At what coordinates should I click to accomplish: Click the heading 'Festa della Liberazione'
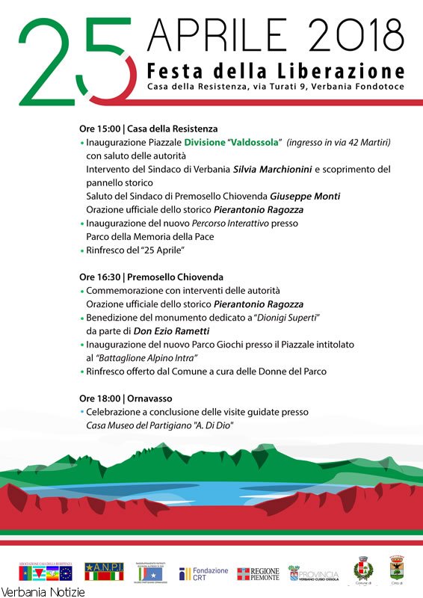coord(276,72)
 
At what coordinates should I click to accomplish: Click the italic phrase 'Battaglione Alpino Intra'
coord(149,358)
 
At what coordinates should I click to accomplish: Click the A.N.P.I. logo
coord(105,572)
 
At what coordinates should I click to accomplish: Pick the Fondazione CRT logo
coord(203,574)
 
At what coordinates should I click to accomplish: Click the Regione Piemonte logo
coord(258,574)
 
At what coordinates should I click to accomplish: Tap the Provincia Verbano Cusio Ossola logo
coord(314,574)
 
